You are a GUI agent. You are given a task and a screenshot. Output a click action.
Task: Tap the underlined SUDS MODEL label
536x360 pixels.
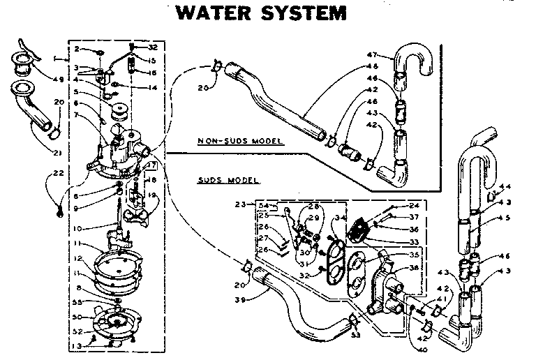click(228, 180)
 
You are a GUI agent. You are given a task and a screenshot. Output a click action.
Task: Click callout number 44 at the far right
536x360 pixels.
click(505, 187)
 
